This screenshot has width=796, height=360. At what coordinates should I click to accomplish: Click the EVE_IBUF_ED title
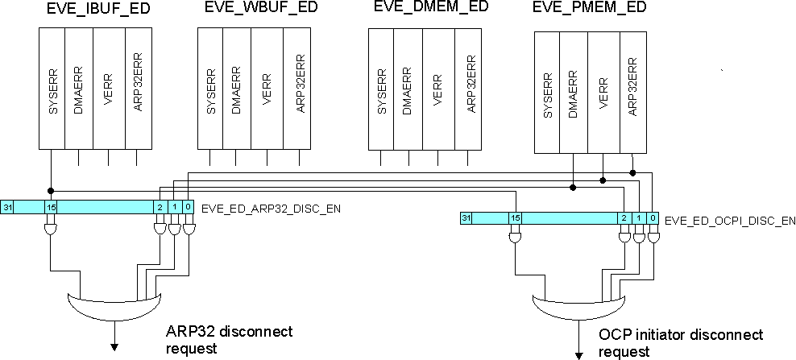point(95,12)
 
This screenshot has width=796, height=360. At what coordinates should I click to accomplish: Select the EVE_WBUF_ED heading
point(254,12)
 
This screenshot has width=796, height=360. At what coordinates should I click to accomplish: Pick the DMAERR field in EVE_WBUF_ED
point(236,88)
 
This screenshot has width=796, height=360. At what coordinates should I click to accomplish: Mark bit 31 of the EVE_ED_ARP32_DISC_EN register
point(7,208)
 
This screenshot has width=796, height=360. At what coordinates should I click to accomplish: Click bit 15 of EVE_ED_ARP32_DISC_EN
point(50,208)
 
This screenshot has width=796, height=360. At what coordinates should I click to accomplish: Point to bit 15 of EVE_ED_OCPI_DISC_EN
point(515,218)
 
